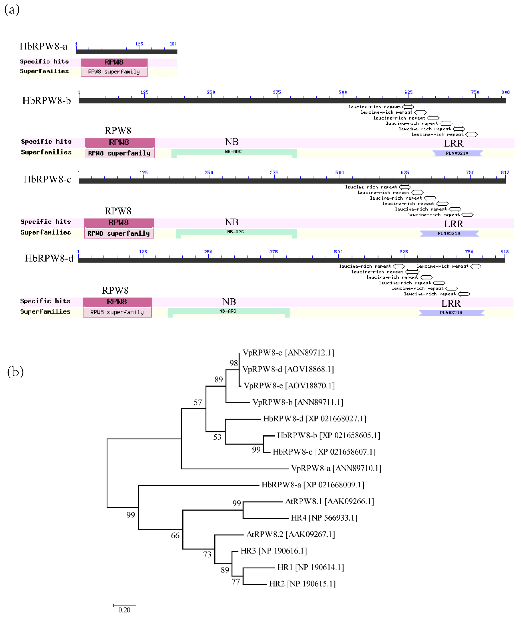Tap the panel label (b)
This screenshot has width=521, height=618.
click(15, 372)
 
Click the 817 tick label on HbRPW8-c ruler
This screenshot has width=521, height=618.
click(505, 172)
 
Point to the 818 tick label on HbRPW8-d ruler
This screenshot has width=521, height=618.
click(505, 252)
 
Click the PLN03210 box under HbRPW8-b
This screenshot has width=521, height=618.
click(457, 153)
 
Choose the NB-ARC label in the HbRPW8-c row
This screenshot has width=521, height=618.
click(235, 232)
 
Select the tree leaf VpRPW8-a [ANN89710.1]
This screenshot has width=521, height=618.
click(336, 468)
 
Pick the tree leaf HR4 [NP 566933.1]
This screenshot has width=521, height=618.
click(324, 518)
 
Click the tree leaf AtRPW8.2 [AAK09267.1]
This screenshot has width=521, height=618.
click(291, 534)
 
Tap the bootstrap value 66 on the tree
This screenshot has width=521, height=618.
click(175, 536)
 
